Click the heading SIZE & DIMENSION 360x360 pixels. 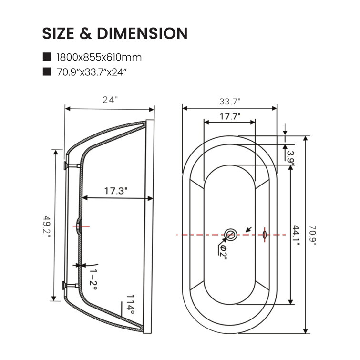(x=114, y=33)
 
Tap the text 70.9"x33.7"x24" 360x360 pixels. (x=92, y=72)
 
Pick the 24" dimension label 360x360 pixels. (x=110, y=100)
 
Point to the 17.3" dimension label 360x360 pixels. (x=116, y=191)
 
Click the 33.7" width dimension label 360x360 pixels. (x=229, y=101)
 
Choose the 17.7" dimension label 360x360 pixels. (x=230, y=116)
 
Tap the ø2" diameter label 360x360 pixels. (x=221, y=250)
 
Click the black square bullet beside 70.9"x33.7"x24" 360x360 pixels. (x=47, y=72)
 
